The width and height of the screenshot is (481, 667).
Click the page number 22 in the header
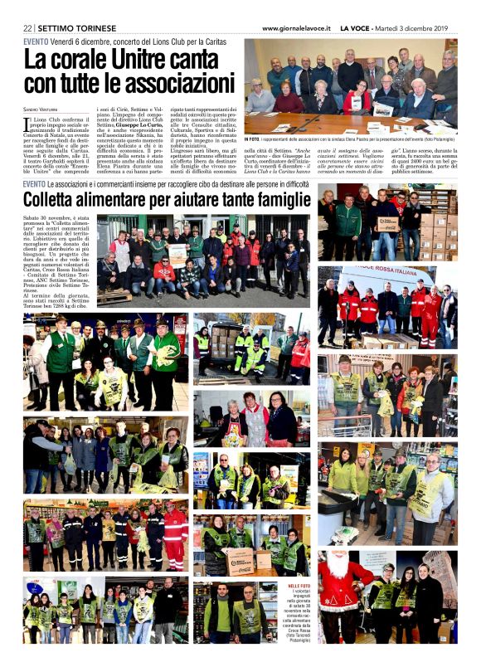coord(28,27)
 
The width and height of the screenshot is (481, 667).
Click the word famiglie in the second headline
coord(274,200)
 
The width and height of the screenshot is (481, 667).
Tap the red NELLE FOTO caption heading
coord(299,587)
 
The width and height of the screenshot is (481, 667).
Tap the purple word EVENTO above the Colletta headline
coord(34,183)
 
